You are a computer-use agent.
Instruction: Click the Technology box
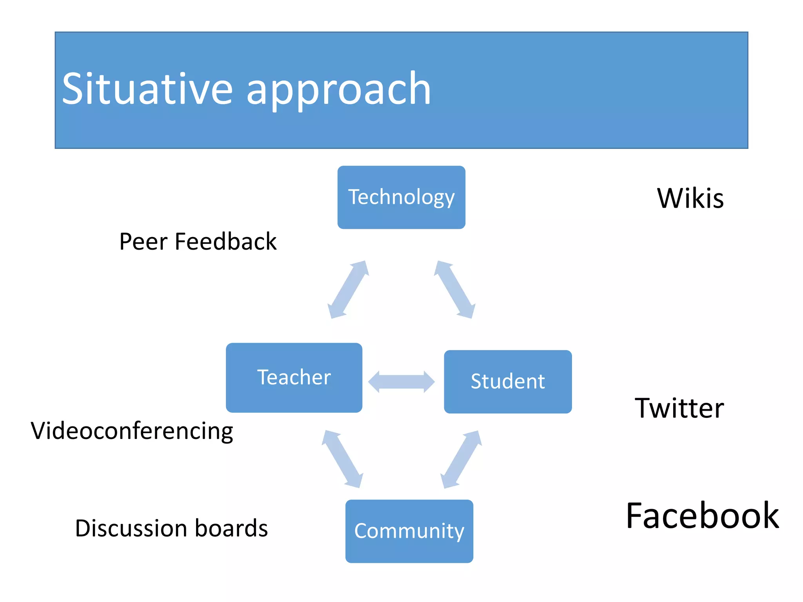pos(401,197)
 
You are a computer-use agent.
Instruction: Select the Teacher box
pos(294,377)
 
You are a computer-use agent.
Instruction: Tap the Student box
pos(507,381)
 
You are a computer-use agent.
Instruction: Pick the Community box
pos(409,531)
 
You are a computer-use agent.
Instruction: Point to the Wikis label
pos(690,198)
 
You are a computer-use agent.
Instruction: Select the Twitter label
pos(679,408)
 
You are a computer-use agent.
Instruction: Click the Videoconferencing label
pos(132,431)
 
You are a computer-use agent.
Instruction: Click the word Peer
pos(144,241)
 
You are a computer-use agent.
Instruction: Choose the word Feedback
pos(225,241)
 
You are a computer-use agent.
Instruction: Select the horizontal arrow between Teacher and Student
pos(401,381)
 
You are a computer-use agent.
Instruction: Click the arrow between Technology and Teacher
pos(348,290)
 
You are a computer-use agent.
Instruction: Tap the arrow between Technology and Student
pos(455,290)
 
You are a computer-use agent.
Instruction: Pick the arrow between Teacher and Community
pos(342,459)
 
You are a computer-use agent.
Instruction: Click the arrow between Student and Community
pos(461,459)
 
